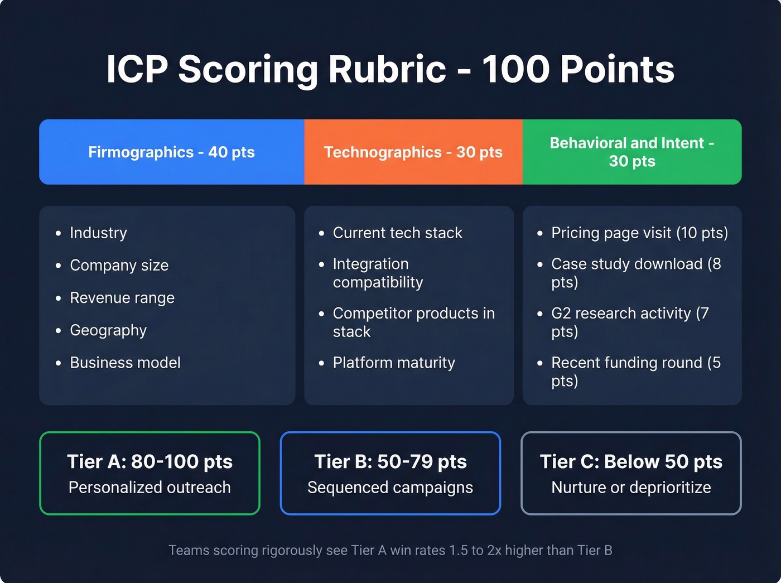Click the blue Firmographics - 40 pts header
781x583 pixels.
click(171, 152)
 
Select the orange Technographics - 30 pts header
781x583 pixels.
click(413, 152)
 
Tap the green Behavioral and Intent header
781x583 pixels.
click(631, 152)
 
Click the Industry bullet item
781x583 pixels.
click(98, 233)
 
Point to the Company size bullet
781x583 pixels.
click(119, 265)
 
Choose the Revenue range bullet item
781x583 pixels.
click(122, 297)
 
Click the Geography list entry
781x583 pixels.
click(108, 330)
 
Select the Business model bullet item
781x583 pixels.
click(125, 363)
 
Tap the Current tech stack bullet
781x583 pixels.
click(397, 233)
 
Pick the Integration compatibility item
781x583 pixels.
click(378, 273)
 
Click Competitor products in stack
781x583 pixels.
click(413, 322)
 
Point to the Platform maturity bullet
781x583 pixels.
click(394, 363)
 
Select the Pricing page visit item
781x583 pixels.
click(639, 233)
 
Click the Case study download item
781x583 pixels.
click(635, 273)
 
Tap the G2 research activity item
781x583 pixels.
click(629, 322)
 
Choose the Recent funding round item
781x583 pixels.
click(635, 371)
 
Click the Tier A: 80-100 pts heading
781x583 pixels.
click(150, 461)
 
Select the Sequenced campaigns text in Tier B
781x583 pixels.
click(390, 487)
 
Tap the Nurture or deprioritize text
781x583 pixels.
click(631, 487)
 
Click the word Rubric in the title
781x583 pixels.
click(387, 69)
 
